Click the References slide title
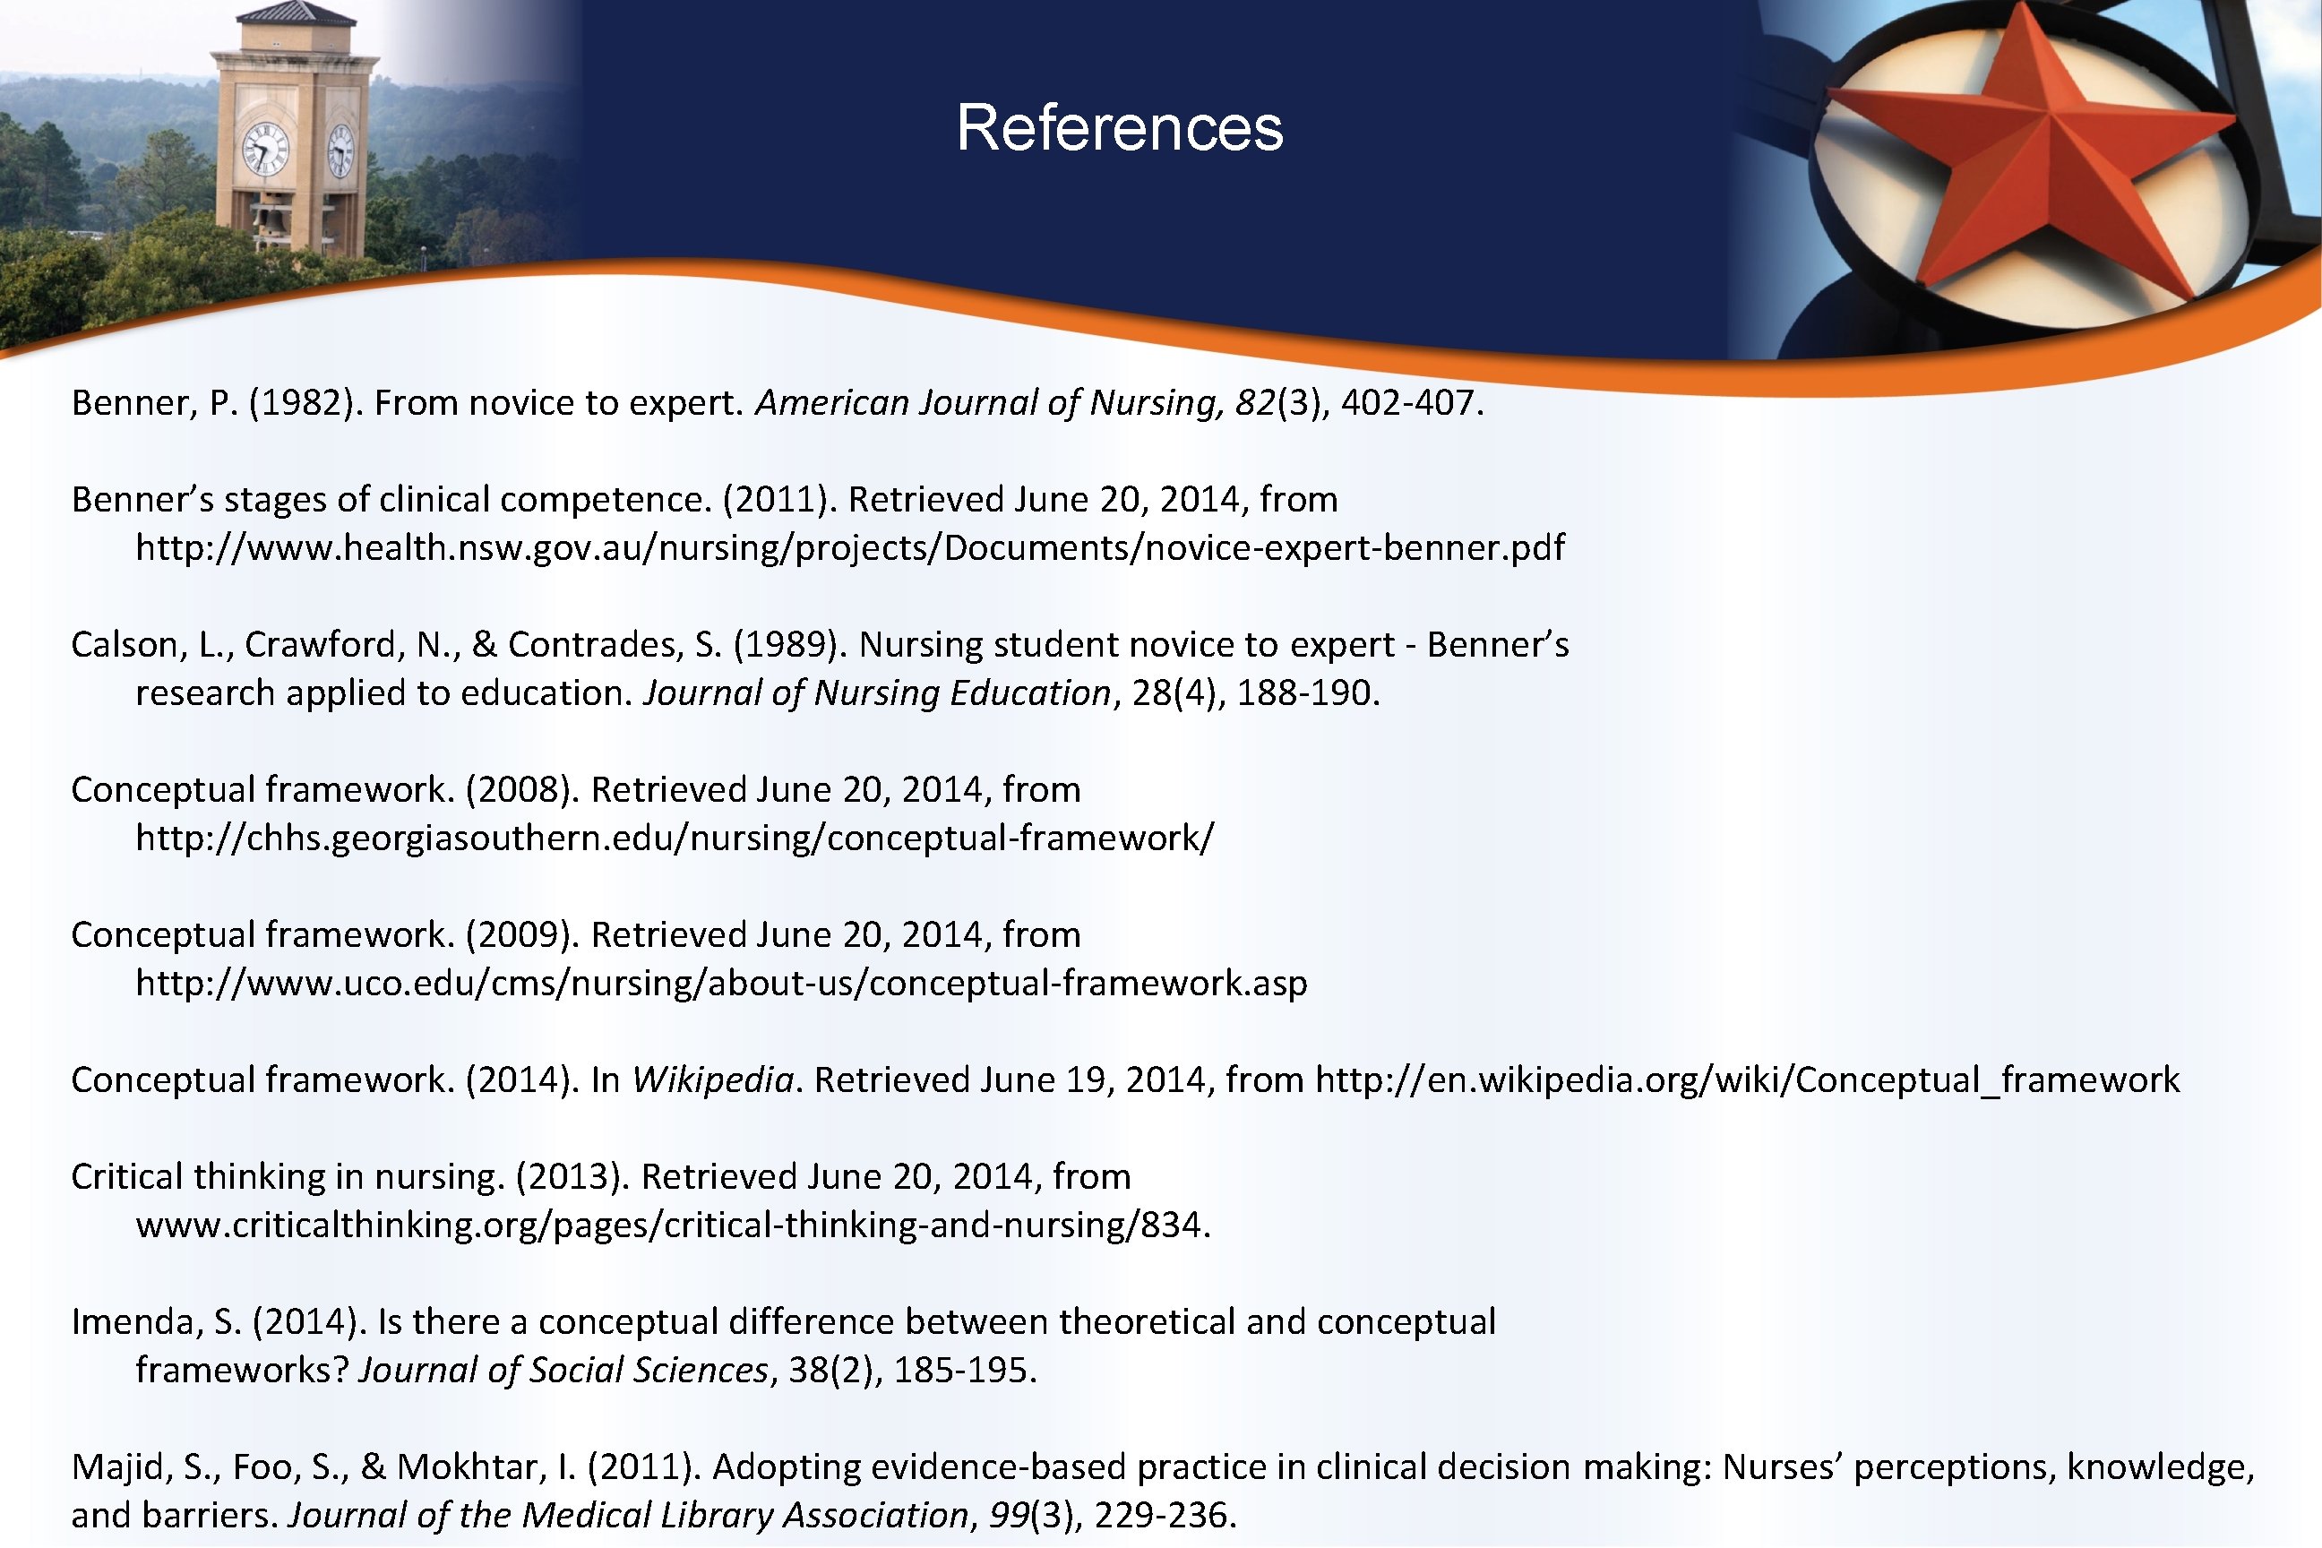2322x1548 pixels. point(1120,128)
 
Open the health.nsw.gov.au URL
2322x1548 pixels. point(849,548)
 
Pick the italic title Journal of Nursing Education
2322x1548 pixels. point(877,693)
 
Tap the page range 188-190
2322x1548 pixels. point(1307,693)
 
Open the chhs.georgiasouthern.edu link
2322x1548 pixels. point(675,838)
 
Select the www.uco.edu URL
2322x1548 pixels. point(720,984)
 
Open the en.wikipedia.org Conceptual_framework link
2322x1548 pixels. point(1748,1080)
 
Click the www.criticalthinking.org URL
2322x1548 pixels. point(671,1225)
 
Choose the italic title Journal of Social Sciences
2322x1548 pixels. point(563,1371)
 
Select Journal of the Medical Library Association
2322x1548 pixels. point(628,1516)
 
